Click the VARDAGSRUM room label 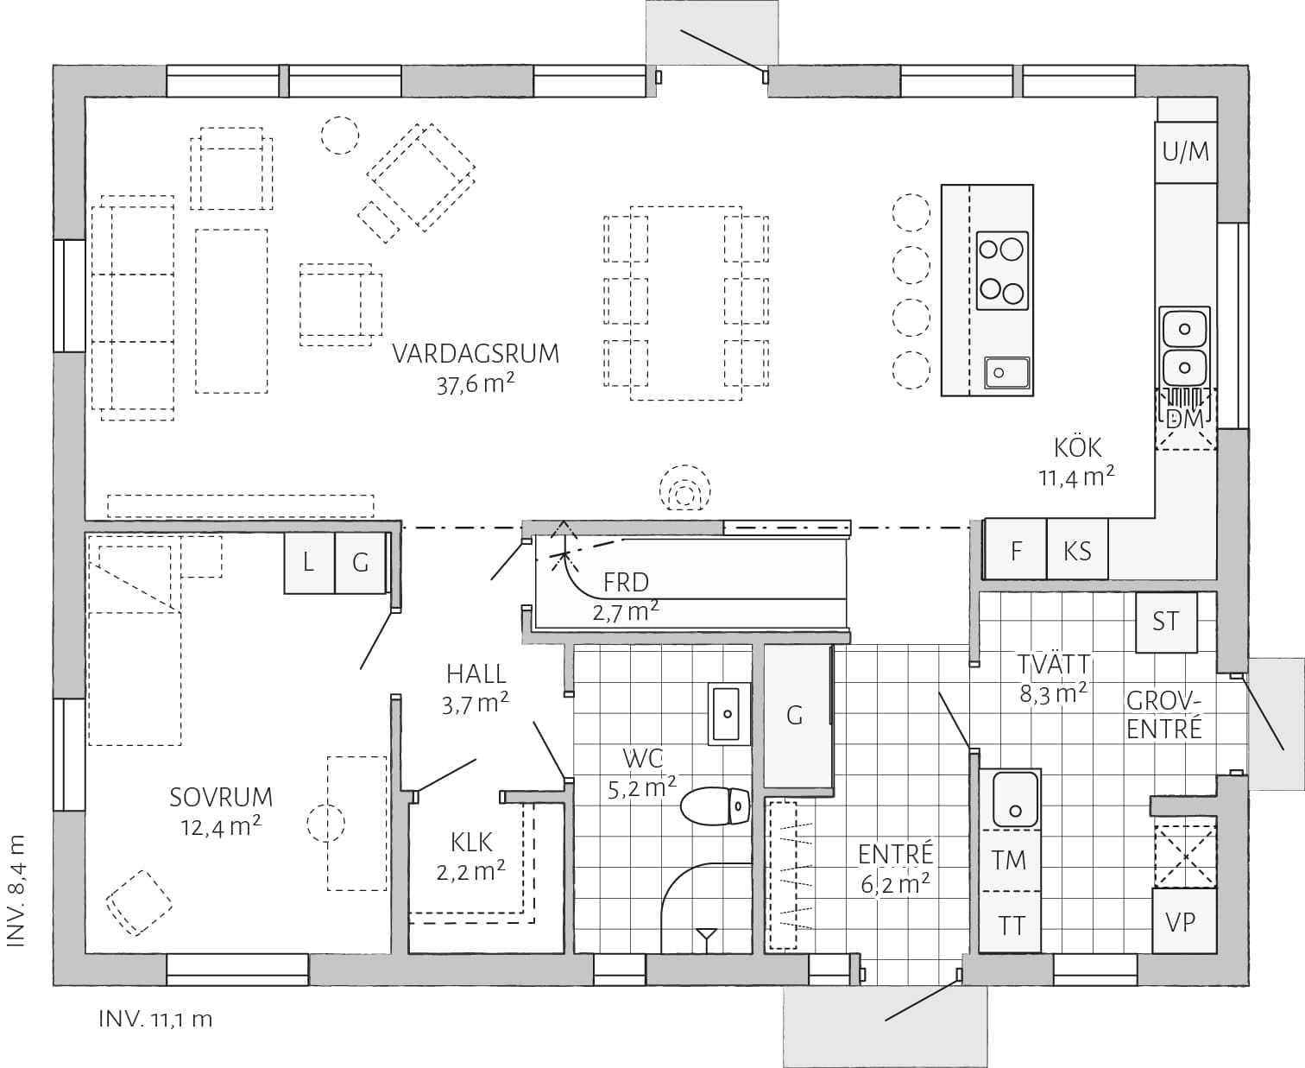pyautogui.click(x=476, y=353)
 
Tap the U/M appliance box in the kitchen pyautogui.click(x=1186, y=152)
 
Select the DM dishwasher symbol pyautogui.click(x=1186, y=419)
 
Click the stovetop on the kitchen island pyautogui.click(x=1002, y=270)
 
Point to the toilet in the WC pyautogui.click(x=715, y=806)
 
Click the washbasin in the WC pyautogui.click(x=729, y=714)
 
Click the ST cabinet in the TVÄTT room pyautogui.click(x=1166, y=622)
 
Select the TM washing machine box pyautogui.click(x=1009, y=860)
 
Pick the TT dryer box pyautogui.click(x=1009, y=922)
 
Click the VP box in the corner pyautogui.click(x=1183, y=920)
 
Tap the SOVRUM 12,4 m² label pyautogui.click(x=221, y=811)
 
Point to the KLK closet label pyautogui.click(x=471, y=843)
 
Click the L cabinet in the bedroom pyautogui.click(x=309, y=563)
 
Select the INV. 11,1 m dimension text pyautogui.click(x=155, y=1019)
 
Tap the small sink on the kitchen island pyautogui.click(x=1006, y=372)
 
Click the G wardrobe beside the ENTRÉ pyautogui.click(x=797, y=717)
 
